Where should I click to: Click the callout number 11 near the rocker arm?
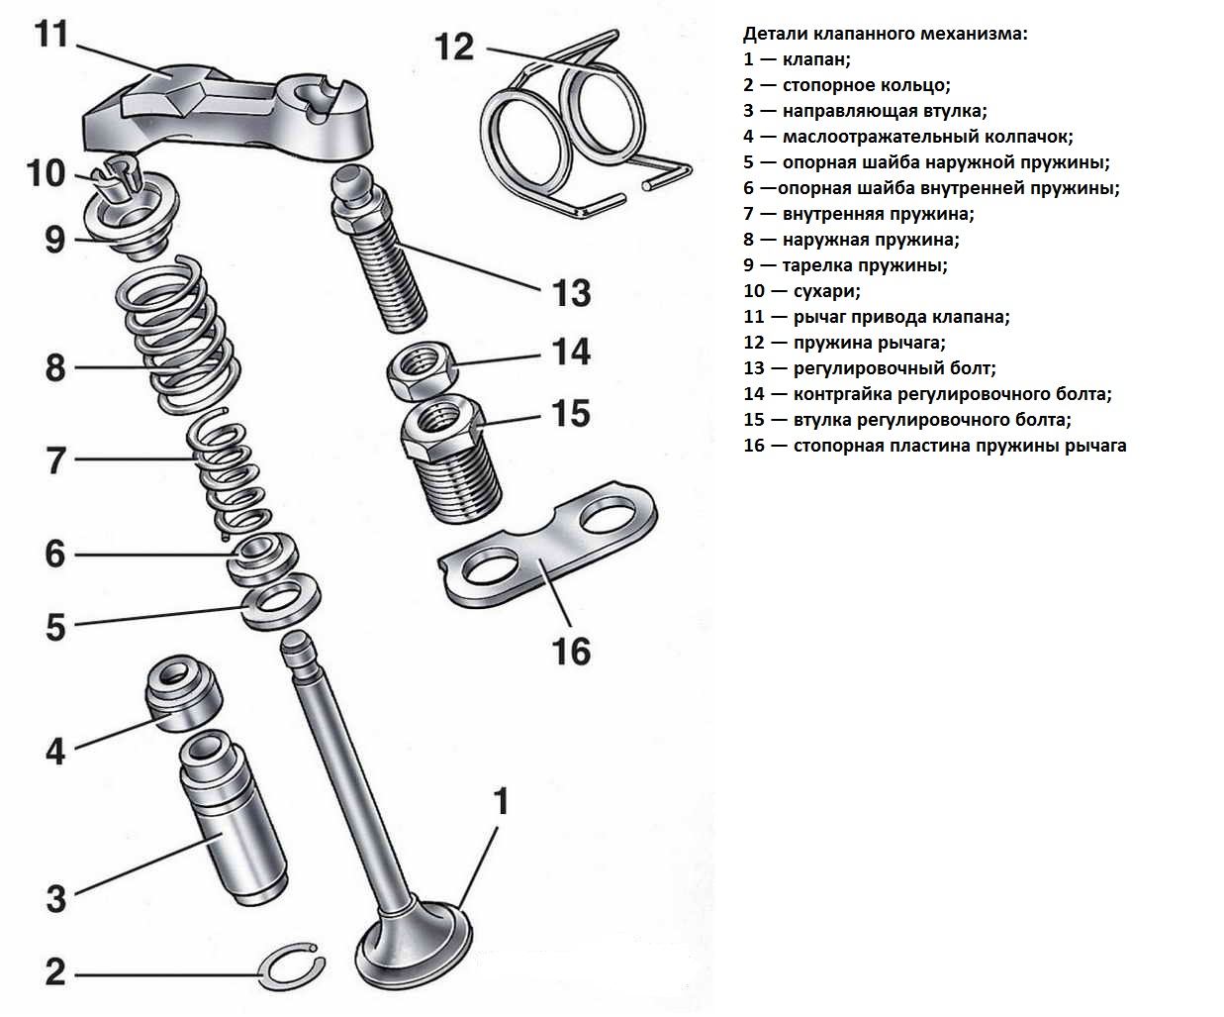point(50,35)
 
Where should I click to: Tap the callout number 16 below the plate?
point(571,652)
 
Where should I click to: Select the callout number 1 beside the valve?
point(501,801)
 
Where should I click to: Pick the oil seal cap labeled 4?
point(184,692)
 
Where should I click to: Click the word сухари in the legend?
point(825,291)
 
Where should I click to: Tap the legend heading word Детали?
point(773,34)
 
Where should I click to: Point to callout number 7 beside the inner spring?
point(56,460)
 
